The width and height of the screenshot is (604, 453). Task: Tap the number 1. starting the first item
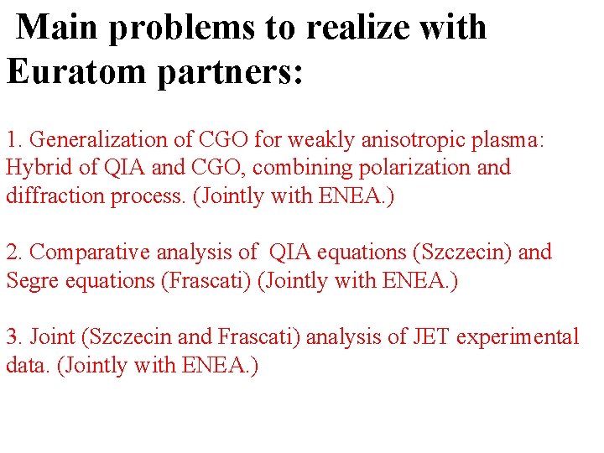[x=14, y=138]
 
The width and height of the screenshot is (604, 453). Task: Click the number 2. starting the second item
[x=14, y=252]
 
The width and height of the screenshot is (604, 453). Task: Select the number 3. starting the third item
[x=14, y=337]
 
